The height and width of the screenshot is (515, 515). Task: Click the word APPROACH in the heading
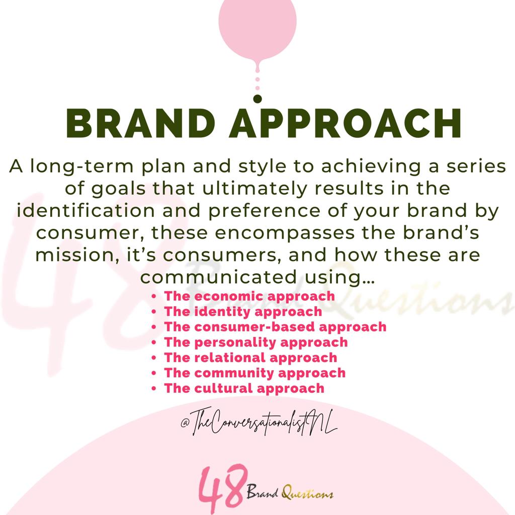[345, 124]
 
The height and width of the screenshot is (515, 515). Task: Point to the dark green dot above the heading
[257, 99]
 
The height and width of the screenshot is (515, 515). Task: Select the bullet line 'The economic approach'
[249, 296]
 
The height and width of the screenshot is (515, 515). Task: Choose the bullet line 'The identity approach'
[243, 312]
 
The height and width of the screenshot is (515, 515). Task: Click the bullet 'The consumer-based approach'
[275, 327]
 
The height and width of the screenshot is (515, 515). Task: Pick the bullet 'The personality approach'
[256, 342]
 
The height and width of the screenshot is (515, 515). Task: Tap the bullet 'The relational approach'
[250, 358]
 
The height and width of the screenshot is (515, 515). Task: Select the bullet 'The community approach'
[254, 373]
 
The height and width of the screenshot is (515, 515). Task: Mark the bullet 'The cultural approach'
[244, 388]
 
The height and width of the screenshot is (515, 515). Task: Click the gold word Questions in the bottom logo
[307, 493]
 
